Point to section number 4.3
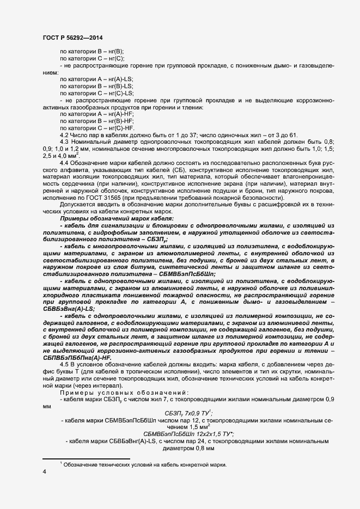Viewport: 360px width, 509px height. [x=64, y=142]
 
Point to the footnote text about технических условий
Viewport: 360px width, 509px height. [x=144, y=464]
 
